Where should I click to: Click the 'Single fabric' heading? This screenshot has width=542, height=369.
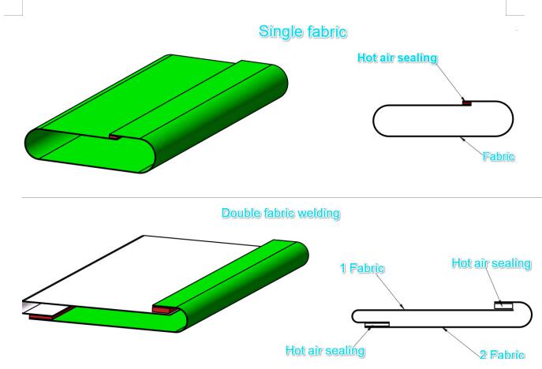pos(304,32)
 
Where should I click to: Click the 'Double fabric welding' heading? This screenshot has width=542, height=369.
pos(281,214)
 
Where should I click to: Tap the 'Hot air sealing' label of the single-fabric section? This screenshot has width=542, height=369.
pos(397,58)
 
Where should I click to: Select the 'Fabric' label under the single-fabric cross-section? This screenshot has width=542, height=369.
pos(498,156)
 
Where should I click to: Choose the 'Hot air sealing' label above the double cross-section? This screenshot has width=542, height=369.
pos(491,263)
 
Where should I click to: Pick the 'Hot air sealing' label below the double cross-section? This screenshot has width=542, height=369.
pos(325,350)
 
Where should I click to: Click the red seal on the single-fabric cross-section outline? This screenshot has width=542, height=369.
pos(466,102)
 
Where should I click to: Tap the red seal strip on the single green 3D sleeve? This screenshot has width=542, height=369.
pos(115,137)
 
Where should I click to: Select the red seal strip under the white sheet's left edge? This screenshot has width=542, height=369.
pos(43,315)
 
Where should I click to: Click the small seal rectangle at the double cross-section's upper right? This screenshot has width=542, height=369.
pos(503,305)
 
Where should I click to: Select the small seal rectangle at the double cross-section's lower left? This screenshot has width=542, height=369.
pos(377,324)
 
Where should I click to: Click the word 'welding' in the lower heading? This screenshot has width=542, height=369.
pos(320,214)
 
